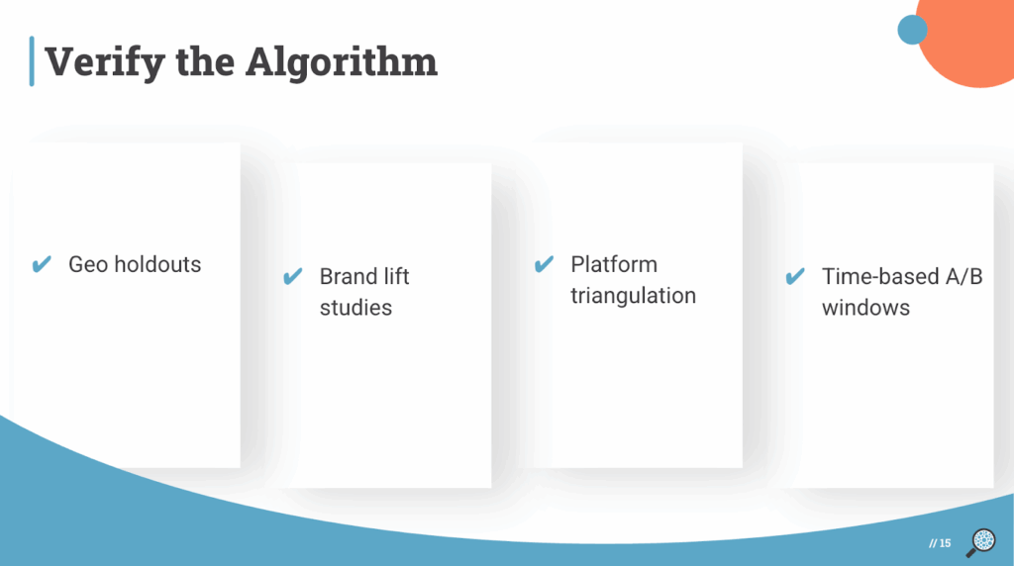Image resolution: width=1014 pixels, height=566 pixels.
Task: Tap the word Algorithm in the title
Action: pos(341,61)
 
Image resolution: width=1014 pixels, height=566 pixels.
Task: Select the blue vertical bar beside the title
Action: pos(32,60)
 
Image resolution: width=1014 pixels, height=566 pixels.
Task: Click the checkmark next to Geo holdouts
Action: pos(42,264)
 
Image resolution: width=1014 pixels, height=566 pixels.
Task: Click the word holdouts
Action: pos(156,264)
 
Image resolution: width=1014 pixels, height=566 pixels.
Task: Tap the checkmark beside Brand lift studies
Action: pos(292,277)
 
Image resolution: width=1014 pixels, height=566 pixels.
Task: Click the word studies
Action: pos(355,308)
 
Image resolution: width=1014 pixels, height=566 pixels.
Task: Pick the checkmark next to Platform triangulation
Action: pos(544,265)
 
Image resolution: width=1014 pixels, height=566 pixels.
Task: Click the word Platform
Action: pos(614,264)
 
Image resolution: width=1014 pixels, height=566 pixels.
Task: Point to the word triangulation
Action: pos(633,296)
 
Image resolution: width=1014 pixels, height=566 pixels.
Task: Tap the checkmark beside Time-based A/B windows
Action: pos(794,277)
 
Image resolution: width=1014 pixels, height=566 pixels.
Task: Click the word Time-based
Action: pos(875,277)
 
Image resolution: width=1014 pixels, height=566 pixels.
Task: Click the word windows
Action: pos(865,308)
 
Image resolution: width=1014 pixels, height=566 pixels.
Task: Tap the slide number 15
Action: pos(945,543)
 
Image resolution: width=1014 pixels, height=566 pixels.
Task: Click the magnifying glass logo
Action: pos(981,541)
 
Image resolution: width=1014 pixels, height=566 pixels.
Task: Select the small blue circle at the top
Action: pos(912,30)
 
